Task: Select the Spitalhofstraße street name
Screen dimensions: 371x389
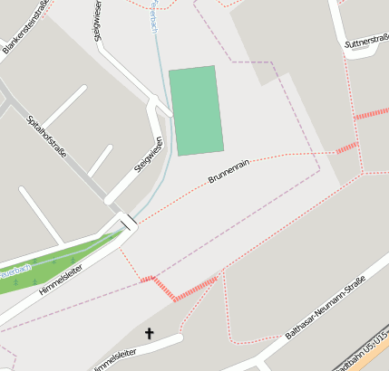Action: [x=47, y=137]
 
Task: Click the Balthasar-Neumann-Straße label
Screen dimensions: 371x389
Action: [x=324, y=309]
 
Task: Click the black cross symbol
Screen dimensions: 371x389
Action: [x=149, y=334]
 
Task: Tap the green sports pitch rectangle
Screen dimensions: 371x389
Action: [x=195, y=110]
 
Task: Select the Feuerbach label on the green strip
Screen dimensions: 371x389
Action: [x=15, y=271]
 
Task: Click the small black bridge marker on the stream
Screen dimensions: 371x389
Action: [x=129, y=221]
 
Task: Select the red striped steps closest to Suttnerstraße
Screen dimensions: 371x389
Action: [x=371, y=114]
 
